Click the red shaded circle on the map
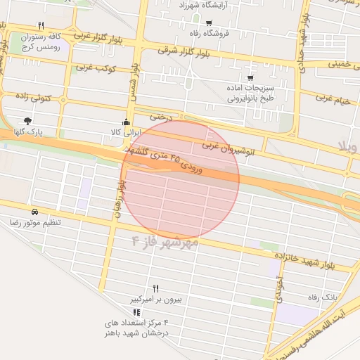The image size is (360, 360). click(181, 179)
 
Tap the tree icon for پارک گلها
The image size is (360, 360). click(27, 121)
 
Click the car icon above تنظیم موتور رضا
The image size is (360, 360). click(34, 212)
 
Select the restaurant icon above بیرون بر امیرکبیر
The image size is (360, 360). click(155, 288)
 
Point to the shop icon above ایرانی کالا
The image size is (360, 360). click(126, 121)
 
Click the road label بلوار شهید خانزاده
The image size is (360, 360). click(316, 262)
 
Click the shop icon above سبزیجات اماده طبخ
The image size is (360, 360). click(250, 78)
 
